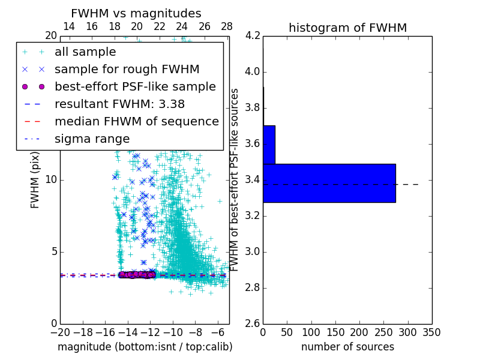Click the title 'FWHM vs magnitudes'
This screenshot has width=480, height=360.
pos(136,13)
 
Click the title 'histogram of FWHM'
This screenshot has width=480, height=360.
pos(347,28)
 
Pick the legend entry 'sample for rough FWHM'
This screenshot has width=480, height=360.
pos(127,69)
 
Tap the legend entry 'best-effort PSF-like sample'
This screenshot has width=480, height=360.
pos(135,86)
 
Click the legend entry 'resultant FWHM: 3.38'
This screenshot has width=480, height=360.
pos(119,104)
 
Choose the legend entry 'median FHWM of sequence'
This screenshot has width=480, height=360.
pos(136,121)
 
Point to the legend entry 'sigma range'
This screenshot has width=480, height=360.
pos(92,139)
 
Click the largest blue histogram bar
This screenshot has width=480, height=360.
pos(329,183)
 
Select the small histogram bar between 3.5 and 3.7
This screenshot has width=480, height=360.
pos(269,145)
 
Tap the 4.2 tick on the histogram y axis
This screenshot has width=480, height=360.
pos(252,36)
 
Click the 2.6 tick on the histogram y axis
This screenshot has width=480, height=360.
pos(252,323)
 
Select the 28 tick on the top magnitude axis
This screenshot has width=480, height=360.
pos(227,26)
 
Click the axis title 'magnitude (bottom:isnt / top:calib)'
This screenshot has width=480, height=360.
pos(145,347)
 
